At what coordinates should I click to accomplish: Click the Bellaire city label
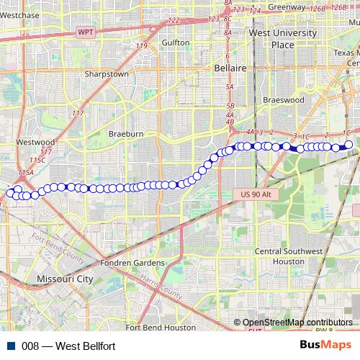[230, 68]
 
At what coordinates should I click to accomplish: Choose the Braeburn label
[126, 134]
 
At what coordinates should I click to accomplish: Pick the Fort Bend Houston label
[160, 327]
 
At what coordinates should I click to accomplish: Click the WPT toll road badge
[86, 32]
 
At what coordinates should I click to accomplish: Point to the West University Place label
[271, 39]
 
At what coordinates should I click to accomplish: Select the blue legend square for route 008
[11, 346]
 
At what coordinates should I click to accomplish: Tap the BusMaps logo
[326, 346]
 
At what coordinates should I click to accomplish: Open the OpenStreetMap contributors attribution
[297, 322]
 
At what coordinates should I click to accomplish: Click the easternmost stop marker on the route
[349, 145]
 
